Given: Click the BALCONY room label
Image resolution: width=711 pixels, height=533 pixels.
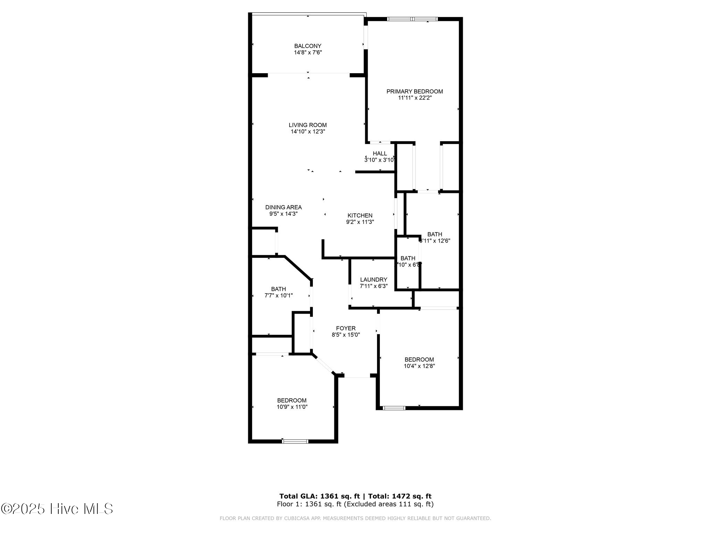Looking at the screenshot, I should coord(308,46).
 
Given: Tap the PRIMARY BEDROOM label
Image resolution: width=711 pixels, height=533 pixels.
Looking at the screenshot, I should coord(415,91).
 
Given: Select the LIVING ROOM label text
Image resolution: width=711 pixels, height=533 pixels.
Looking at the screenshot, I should coord(308,125).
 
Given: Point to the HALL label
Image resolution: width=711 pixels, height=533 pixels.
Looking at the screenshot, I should coord(380,153).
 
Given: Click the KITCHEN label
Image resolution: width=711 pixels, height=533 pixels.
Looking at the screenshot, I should coord(360,215).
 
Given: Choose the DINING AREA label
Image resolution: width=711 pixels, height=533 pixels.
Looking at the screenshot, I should coord(283,207).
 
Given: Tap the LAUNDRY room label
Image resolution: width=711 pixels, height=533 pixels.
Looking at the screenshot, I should coord(374,280).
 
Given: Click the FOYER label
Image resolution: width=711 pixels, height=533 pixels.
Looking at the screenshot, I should coord(346,328).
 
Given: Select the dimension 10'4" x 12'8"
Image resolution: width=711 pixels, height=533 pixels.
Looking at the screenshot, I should coord(419,366).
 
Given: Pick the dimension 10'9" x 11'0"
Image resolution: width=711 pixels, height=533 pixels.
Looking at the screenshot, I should coord(292,407).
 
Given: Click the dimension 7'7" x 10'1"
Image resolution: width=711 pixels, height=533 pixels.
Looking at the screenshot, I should coord(278,296).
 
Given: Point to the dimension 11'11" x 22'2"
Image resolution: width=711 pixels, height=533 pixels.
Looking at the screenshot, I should coord(415,98).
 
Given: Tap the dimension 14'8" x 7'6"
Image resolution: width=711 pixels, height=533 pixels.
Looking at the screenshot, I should coord(308,52).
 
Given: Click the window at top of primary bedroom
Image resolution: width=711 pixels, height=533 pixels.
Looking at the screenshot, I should coord(412,19).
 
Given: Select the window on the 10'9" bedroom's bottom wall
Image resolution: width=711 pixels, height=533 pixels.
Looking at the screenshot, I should coord(295,441).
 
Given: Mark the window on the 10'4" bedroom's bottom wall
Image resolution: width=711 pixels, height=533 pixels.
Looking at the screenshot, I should coord(394,408).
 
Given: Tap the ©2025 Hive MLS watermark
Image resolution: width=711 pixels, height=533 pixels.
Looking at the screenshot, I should coord(57,509).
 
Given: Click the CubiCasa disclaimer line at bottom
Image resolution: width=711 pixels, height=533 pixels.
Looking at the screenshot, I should coord(355,518).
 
